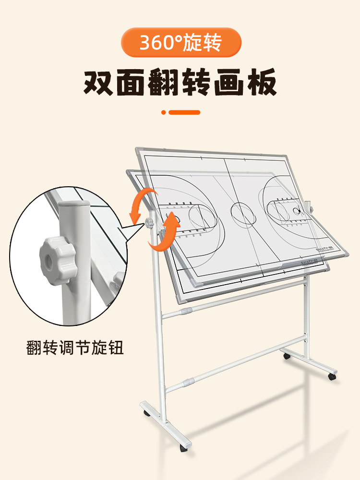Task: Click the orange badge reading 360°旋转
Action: coord(180,43)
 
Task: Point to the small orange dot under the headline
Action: coord(164,112)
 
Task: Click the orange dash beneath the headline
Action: coord(185,112)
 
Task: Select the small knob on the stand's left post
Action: coord(149,223)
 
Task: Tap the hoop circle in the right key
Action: coord(298,210)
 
